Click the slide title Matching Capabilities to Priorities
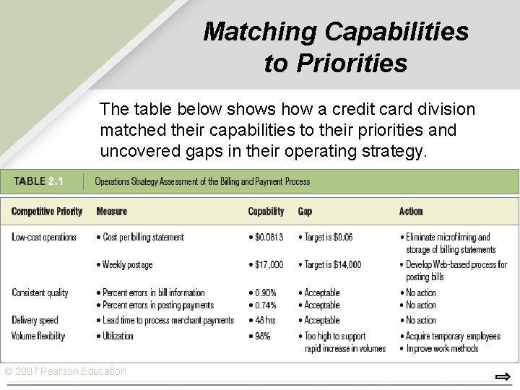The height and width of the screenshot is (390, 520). click(x=336, y=47)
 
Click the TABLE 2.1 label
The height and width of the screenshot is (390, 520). click(x=38, y=181)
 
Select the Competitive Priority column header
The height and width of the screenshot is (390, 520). click(x=47, y=212)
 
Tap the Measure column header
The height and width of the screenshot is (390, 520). click(x=110, y=212)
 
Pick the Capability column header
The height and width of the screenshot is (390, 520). click(x=266, y=212)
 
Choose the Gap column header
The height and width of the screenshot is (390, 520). click(x=305, y=212)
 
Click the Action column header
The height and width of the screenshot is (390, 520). click(x=411, y=212)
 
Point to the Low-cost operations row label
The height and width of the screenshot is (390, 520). click(x=44, y=237)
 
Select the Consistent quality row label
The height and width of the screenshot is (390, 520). click(x=40, y=292)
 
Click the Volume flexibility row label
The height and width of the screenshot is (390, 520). click(x=38, y=336)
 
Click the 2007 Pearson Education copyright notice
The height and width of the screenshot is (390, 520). click(x=66, y=371)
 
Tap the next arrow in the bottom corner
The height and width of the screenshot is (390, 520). click(x=503, y=376)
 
